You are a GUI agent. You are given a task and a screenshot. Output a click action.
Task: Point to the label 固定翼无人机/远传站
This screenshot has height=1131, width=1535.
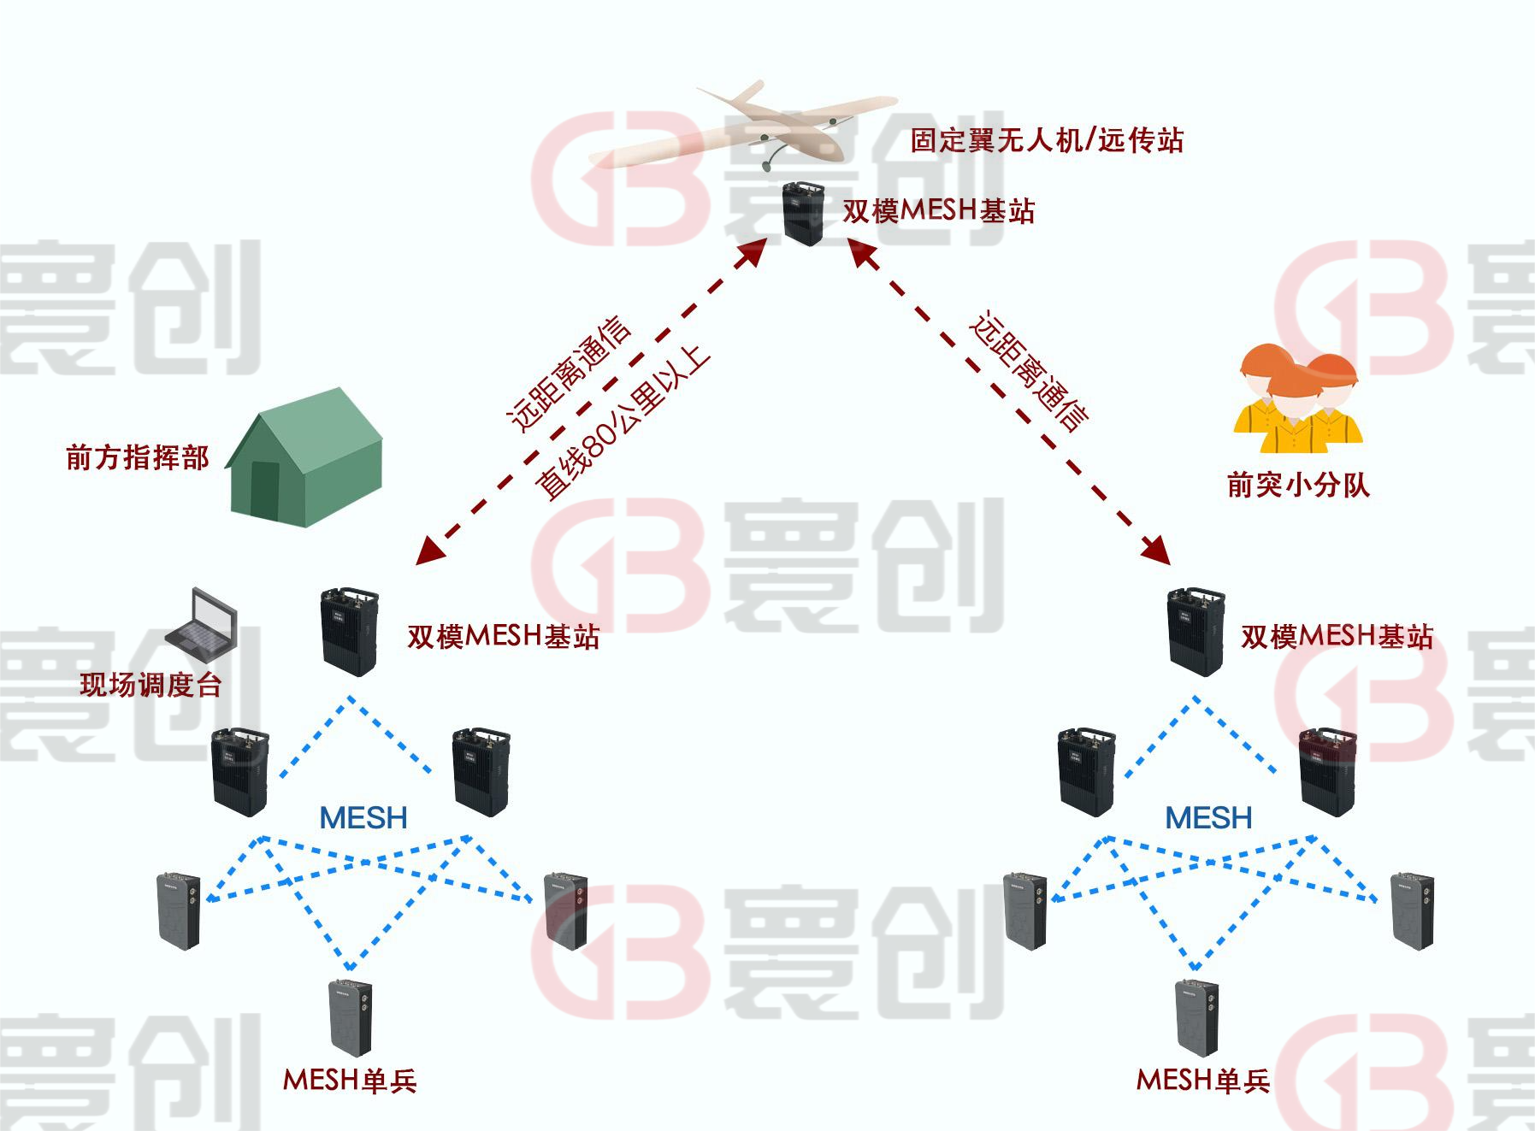pyautogui.click(x=1047, y=139)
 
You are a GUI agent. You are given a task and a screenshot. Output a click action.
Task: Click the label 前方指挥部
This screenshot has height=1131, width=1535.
pyautogui.click(x=138, y=457)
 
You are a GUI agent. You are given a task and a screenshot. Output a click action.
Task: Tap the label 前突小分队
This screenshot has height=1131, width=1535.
pyautogui.click(x=1298, y=486)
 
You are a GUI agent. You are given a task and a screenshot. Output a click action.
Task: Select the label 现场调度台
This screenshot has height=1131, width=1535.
pyautogui.click(x=151, y=685)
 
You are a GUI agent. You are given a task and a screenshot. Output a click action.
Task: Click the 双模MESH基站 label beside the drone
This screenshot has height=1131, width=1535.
pyautogui.click(x=939, y=210)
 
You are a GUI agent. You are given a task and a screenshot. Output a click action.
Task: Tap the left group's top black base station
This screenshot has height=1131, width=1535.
pyautogui.click(x=349, y=631)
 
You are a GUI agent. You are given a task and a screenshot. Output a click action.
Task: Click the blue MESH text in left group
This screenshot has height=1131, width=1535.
pyautogui.click(x=363, y=818)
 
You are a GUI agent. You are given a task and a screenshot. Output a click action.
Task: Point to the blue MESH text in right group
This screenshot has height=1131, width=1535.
pyautogui.click(x=1209, y=818)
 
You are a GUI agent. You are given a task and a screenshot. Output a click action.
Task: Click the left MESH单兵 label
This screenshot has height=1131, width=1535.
pyautogui.click(x=350, y=1081)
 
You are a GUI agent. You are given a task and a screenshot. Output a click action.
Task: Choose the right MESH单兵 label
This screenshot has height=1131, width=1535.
pyautogui.click(x=1203, y=1081)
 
